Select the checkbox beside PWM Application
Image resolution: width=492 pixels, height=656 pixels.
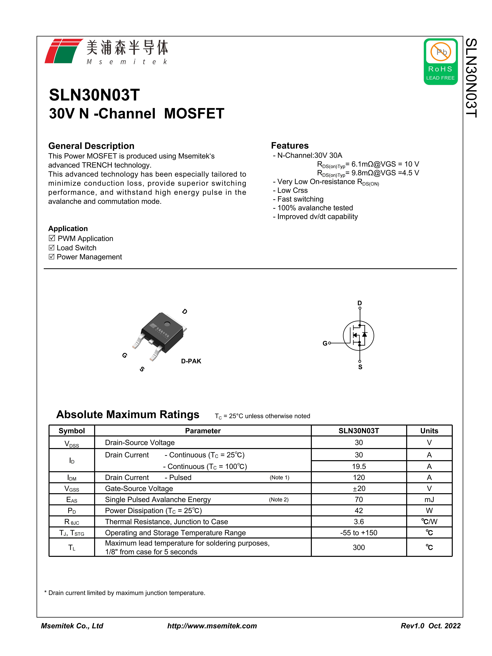point(52,238)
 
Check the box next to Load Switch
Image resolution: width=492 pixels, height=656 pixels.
point(52,247)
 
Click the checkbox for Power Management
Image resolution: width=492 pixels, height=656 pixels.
point(52,256)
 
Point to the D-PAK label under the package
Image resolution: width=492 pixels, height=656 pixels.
point(191,361)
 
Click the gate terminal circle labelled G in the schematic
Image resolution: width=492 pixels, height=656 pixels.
point(330,343)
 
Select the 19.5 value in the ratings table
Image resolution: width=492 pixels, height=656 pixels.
point(359,466)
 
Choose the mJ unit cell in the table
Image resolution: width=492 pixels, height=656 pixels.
point(429,499)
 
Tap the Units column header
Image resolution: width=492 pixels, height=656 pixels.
point(429,431)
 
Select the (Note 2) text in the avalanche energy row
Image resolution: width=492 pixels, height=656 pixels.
point(278,499)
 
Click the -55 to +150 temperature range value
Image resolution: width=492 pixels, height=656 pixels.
point(359,533)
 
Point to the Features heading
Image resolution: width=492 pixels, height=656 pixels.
point(290,146)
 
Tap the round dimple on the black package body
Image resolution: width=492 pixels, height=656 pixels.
point(167,324)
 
